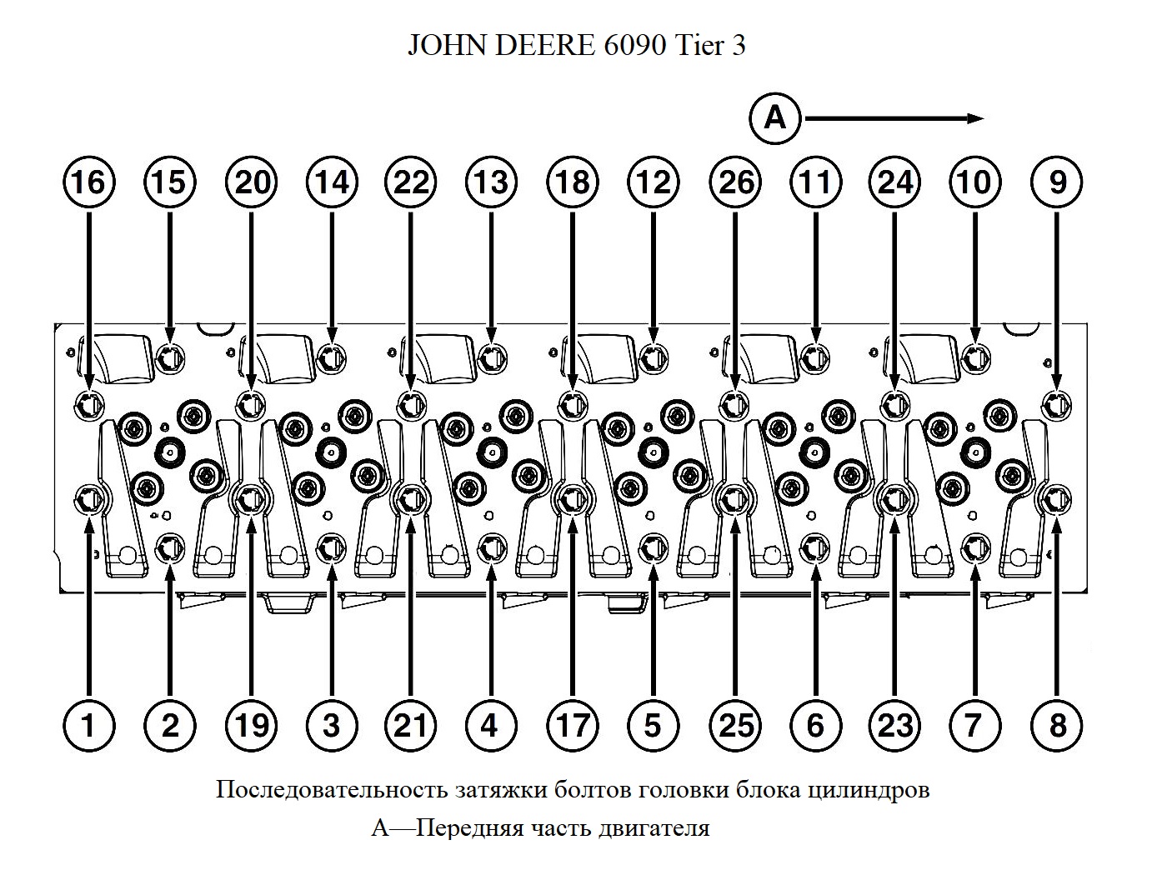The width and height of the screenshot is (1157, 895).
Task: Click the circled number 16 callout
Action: (89, 182)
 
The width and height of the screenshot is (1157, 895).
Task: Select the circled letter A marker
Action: (774, 119)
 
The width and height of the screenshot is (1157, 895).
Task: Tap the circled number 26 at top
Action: (735, 182)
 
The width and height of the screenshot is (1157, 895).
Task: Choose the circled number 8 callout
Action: (1057, 725)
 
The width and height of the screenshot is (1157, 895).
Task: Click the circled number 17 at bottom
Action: (573, 725)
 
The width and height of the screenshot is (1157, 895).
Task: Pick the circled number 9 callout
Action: (1057, 182)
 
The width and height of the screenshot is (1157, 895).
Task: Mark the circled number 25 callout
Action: (735, 725)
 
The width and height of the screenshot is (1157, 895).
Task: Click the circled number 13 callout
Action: (491, 182)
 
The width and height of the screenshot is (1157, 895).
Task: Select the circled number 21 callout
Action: (410, 725)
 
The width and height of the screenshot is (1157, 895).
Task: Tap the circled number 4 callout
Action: (491, 725)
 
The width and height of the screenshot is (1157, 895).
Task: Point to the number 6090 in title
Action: (631, 46)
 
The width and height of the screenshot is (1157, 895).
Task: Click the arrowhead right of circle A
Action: (975, 119)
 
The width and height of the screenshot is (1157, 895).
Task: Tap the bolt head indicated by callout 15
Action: (170, 358)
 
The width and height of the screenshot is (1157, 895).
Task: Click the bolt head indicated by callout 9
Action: (1057, 404)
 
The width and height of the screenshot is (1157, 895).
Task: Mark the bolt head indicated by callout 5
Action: (653, 547)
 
